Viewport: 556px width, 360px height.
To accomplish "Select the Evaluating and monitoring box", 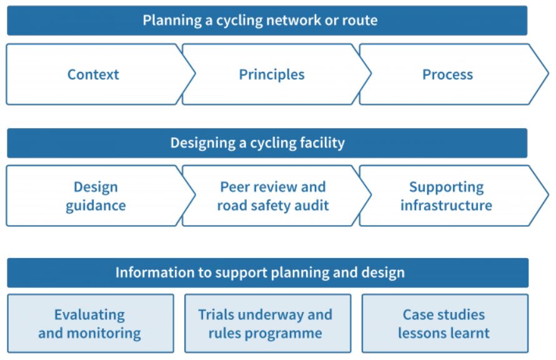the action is tap(91, 323).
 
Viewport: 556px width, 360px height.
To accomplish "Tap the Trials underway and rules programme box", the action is tap(268, 323).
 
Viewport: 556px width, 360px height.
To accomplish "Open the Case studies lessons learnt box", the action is tap(445, 323).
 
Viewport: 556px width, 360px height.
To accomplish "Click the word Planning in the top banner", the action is tap(172, 21).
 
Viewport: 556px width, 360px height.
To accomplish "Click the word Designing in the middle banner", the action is tap(203, 143).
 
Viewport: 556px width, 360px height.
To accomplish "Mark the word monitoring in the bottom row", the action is tap(104, 334).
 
